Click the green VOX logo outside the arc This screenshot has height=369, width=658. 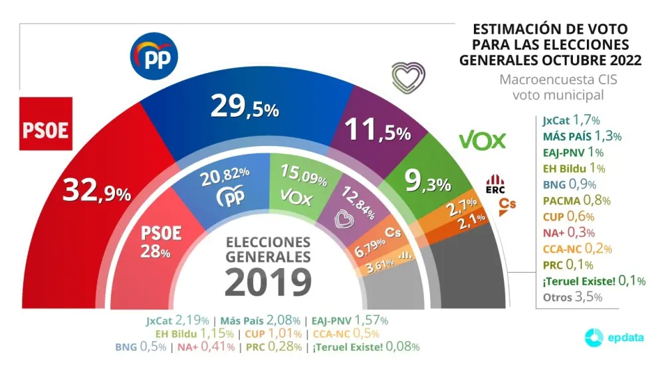[x=483, y=139]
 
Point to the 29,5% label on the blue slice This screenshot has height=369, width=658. [x=244, y=106]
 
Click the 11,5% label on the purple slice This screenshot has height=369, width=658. [x=377, y=130]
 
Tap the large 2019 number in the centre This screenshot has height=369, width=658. [x=268, y=281]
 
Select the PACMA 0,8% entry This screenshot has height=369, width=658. [x=576, y=200]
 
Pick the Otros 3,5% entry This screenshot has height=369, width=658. [x=572, y=297]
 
